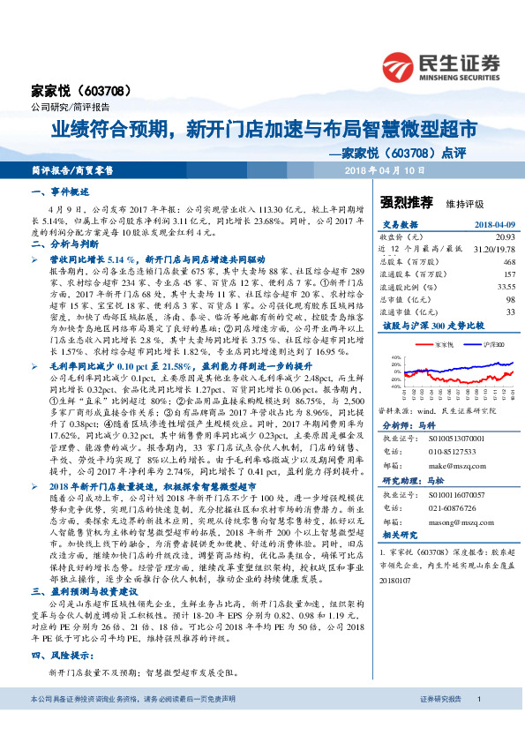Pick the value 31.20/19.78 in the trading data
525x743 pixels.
tap(493, 250)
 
